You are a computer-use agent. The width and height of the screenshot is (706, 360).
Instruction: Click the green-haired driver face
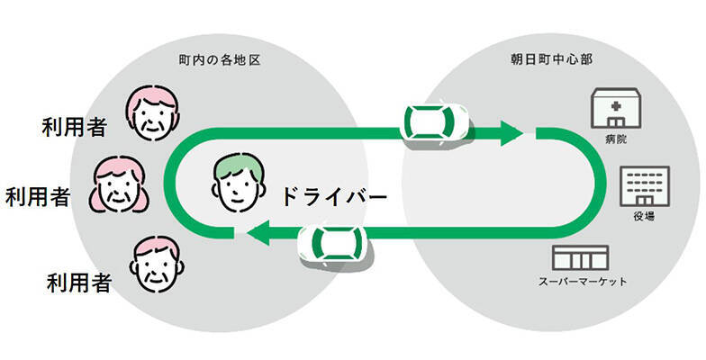pyautogui.click(x=240, y=178)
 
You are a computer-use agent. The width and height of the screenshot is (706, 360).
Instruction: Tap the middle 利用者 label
pyautogui.click(x=38, y=196)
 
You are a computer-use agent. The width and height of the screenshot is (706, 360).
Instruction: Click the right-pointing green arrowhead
pyautogui.click(x=511, y=134)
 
